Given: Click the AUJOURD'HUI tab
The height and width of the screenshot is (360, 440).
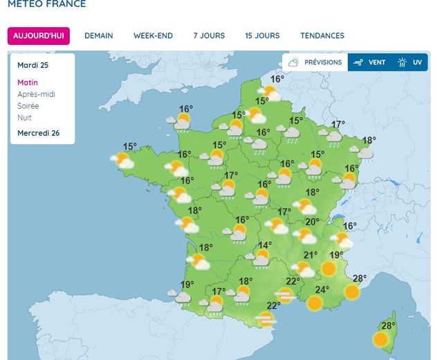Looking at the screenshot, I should click(x=39, y=36).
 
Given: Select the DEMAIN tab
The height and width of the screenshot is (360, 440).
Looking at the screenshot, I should click(x=98, y=36).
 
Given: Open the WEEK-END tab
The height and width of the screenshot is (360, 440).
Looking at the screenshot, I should click(x=153, y=36).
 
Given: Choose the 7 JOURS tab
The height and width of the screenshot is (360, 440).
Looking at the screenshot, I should click(x=209, y=36).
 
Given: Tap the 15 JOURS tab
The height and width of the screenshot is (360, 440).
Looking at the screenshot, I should click(x=262, y=36).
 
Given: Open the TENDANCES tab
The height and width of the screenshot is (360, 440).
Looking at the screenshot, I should click(x=322, y=36).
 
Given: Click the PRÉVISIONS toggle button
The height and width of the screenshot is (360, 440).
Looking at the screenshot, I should click(x=315, y=62).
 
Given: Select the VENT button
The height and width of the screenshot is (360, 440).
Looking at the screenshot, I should click(x=369, y=62).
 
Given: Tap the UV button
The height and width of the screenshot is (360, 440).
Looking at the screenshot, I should click(x=410, y=62).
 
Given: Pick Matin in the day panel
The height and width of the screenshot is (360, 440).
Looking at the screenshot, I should click(x=28, y=82).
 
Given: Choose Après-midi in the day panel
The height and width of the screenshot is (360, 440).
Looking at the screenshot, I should click(x=36, y=94).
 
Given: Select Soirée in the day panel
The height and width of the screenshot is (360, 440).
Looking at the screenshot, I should click(x=28, y=106).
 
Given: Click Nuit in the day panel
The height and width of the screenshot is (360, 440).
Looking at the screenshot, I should click(x=24, y=118).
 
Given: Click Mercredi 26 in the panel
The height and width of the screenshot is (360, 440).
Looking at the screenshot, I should click(x=38, y=133).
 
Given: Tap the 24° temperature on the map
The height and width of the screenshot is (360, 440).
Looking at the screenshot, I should click(x=322, y=290).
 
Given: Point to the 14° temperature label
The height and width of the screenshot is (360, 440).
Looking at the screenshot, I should click(x=265, y=245).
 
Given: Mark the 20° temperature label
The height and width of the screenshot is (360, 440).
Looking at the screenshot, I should click(x=313, y=222).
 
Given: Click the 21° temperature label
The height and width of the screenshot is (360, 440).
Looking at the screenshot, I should click(x=311, y=255).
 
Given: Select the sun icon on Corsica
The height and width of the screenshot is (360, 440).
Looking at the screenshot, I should click(x=381, y=339).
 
